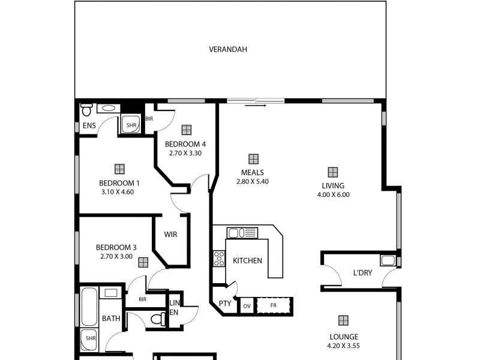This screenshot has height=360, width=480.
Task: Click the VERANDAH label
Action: coord(227,49)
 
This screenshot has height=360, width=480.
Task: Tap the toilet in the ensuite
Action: coord(86,110)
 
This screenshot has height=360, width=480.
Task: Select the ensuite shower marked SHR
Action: coord(131,125)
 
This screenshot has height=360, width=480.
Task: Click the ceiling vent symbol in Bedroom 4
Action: coord(186,129)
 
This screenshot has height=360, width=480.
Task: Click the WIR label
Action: coord(171,235)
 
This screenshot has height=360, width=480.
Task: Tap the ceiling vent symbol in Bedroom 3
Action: coord(143,262)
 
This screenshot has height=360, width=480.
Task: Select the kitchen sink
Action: coord(242,232)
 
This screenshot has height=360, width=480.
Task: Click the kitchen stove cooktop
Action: coord(219,259)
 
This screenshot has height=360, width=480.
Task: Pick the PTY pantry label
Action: coord(224,304)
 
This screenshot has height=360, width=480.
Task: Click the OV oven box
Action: coord(247,305)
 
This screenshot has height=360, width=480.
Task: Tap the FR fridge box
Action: coord(274,305)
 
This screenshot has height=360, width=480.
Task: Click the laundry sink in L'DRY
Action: coord(388,260)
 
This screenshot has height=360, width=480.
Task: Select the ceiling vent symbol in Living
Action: coord(332,172)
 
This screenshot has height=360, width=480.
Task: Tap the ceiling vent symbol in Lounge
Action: coord(343,320)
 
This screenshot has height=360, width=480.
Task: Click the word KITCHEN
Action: coord(247,261)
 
